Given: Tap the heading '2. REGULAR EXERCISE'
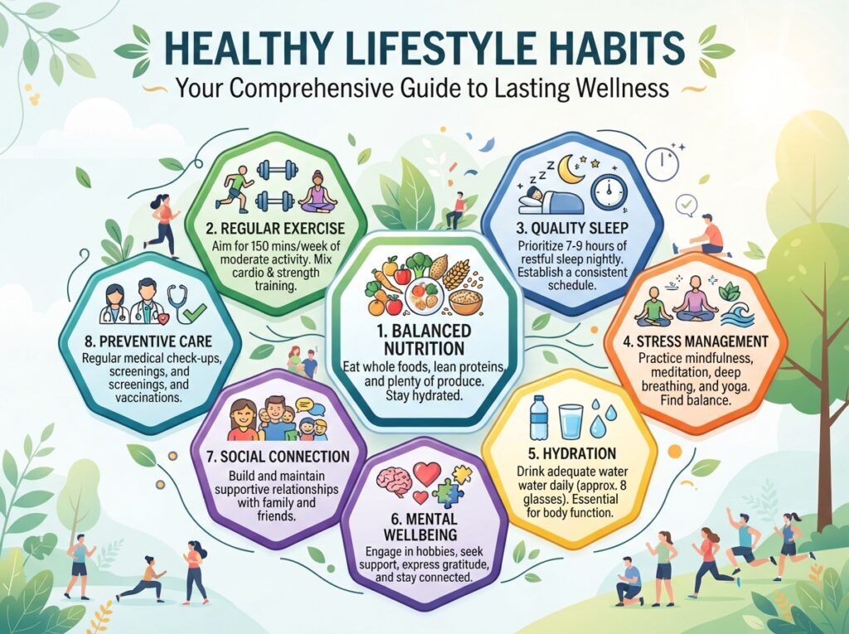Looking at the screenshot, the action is pyautogui.click(x=275, y=227).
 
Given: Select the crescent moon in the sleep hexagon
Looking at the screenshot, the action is pyautogui.click(x=572, y=169).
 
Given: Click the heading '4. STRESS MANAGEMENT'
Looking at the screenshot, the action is pyautogui.click(x=696, y=341).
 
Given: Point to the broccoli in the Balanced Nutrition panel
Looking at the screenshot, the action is pyautogui.click(x=418, y=265).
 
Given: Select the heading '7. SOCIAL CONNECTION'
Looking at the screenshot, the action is pyautogui.click(x=278, y=457).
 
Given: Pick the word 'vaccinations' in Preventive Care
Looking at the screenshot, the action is pyautogui.click(x=148, y=397).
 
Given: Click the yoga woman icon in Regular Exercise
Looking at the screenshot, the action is pyautogui.click(x=318, y=192).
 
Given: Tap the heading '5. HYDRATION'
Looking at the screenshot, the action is pyautogui.click(x=572, y=453).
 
